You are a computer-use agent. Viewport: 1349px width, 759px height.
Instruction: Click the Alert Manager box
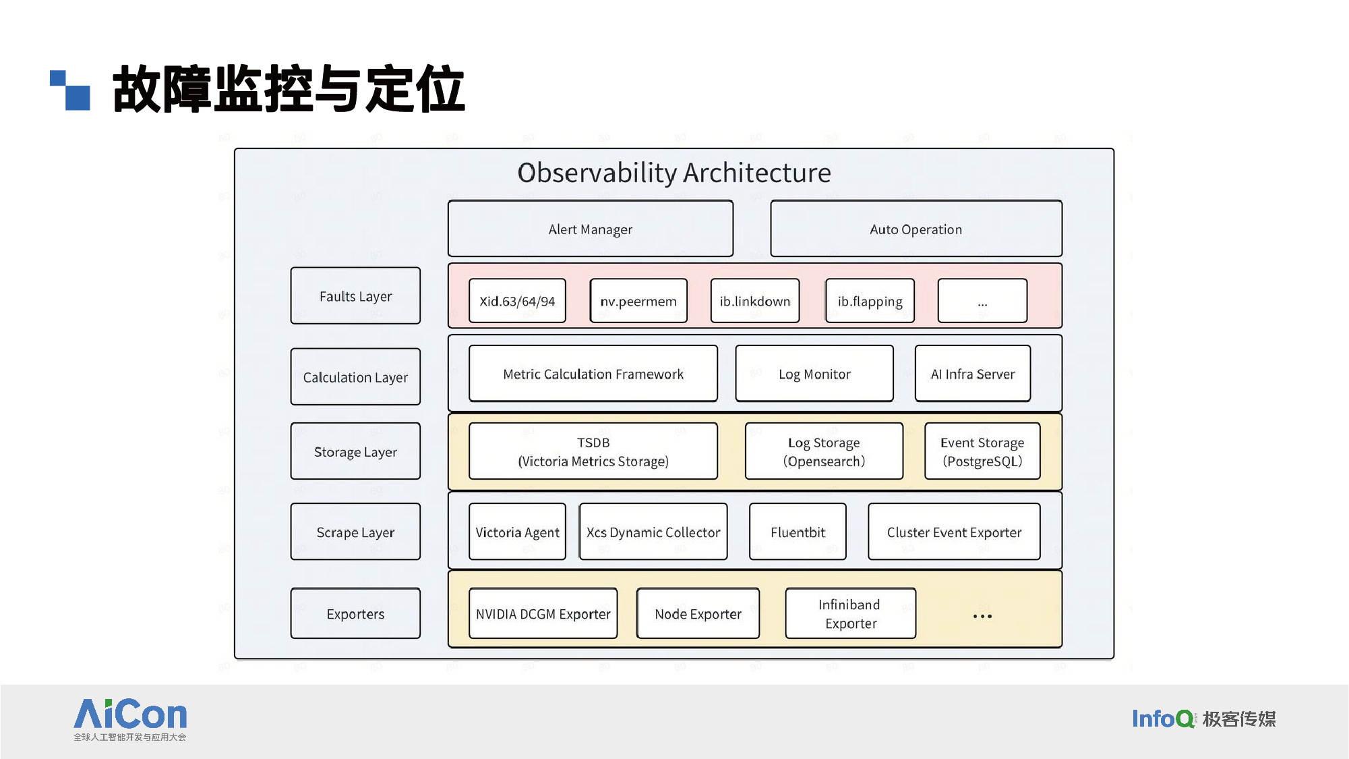(591, 229)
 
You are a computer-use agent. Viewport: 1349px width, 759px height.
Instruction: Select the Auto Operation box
(916, 229)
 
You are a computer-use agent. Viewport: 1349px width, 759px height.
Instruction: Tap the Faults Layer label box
(355, 296)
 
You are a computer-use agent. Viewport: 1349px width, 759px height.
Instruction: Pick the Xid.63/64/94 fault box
(517, 301)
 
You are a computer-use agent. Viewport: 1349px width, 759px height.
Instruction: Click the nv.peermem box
(638, 301)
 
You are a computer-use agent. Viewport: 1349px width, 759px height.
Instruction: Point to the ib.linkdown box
(755, 301)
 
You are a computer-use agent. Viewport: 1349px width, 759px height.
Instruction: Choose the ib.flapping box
(870, 301)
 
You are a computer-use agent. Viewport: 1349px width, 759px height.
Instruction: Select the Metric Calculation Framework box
(593, 374)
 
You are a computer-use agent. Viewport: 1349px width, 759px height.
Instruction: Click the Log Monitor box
(814, 374)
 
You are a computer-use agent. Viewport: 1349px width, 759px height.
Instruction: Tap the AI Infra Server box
(973, 374)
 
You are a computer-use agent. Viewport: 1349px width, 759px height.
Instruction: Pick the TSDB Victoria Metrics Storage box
(593, 451)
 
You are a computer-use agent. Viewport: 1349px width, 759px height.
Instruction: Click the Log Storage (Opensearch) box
(824, 451)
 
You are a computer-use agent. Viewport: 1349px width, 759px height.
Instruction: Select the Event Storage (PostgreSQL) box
(982, 451)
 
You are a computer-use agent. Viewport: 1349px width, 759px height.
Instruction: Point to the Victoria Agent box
(517, 532)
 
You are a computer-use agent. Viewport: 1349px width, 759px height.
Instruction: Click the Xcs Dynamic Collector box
(653, 532)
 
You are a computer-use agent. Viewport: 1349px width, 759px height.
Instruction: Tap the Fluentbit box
(798, 532)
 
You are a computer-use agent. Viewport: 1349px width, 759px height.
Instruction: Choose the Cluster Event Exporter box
(954, 532)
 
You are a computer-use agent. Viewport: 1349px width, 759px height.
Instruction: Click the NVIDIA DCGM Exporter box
(543, 613)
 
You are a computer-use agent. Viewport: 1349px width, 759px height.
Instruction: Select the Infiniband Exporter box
(851, 613)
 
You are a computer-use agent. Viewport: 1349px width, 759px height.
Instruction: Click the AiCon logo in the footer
(130, 719)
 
